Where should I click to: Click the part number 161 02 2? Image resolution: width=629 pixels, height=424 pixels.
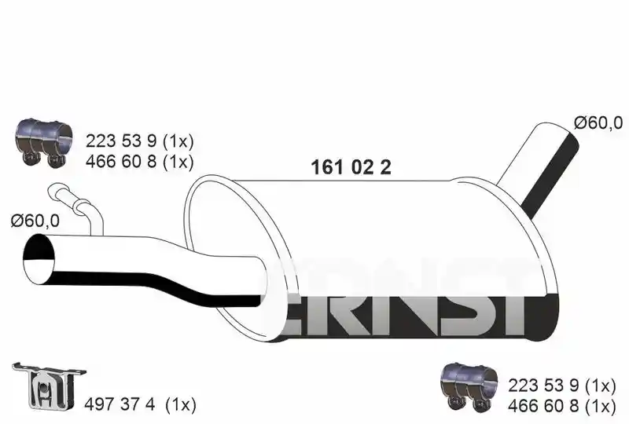(x=351, y=167)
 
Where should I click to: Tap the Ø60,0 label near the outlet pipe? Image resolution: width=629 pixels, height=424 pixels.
(x=598, y=122)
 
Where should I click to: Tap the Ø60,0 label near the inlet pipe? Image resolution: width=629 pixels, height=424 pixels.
(x=35, y=221)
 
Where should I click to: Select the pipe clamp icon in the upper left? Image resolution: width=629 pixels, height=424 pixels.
(x=44, y=141)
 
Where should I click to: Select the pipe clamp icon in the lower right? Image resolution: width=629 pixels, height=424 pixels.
(x=469, y=387)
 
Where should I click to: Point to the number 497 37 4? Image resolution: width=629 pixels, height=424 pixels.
(x=120, y=405)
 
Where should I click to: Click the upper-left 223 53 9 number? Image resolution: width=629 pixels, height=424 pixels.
(x=121, y=141)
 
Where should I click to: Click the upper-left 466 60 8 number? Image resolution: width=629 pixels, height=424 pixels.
(x=121, y=162)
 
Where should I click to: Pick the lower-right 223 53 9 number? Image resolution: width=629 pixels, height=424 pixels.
(x=543, y=386)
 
